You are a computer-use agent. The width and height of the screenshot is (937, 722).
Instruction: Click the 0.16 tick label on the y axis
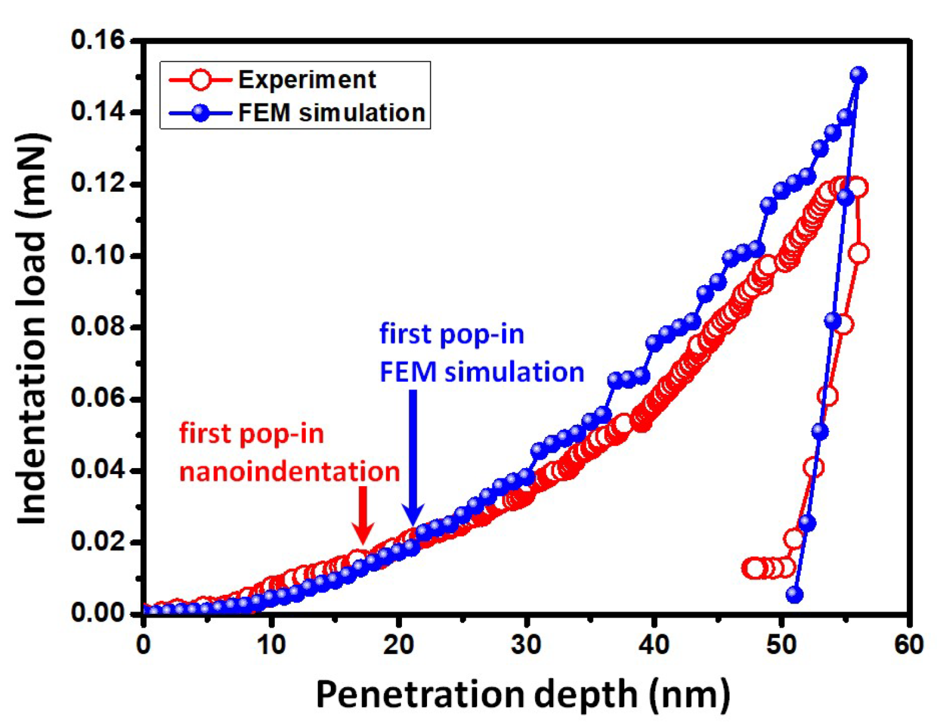point(97,40)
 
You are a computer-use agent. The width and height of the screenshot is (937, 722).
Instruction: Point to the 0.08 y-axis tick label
point(97,327)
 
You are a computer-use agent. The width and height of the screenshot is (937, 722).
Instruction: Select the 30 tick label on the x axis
point(526,646)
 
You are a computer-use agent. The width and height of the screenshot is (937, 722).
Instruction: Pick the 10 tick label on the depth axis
point(271,646)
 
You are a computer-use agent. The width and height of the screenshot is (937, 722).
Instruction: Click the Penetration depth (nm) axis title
point(523,695)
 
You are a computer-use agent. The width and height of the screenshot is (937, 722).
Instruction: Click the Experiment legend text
point(307,80)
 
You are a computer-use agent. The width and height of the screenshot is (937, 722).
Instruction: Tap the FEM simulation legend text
point(331,113)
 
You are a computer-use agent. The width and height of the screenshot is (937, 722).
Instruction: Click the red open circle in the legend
point(200,80)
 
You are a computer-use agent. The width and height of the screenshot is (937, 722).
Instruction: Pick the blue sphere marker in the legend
point(200,113)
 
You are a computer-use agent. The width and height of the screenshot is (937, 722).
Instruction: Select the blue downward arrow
point(413,459)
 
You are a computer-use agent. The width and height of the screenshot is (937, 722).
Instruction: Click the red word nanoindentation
point(289,471)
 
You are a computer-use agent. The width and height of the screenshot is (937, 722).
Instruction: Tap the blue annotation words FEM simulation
point(482,372)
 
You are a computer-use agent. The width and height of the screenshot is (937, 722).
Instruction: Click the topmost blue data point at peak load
point(858,75)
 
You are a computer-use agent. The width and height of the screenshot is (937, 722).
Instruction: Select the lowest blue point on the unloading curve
point(794,594)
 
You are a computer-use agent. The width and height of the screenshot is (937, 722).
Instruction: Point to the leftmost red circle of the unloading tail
point(752,569)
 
